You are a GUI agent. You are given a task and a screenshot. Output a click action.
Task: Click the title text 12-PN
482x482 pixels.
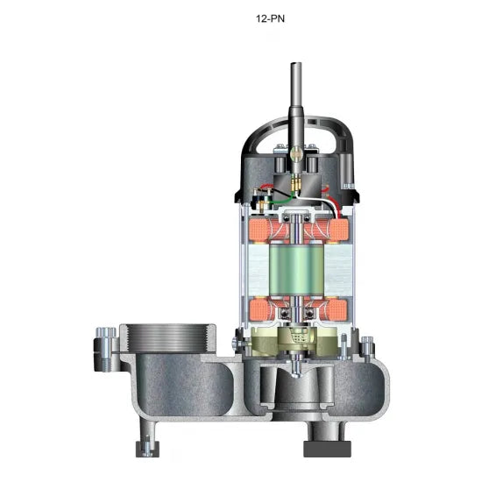pyautogui.click(x=241, y=15)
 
